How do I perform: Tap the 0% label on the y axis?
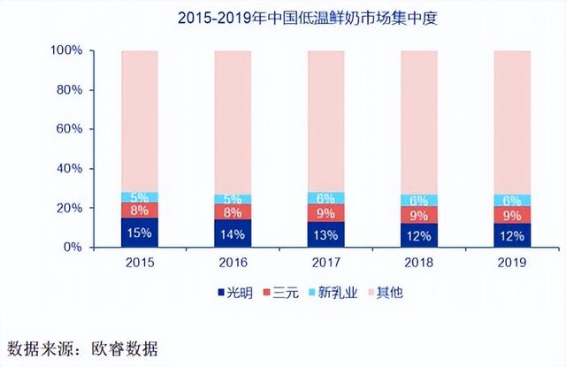click(74, 248)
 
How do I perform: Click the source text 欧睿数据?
click(128, 346)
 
